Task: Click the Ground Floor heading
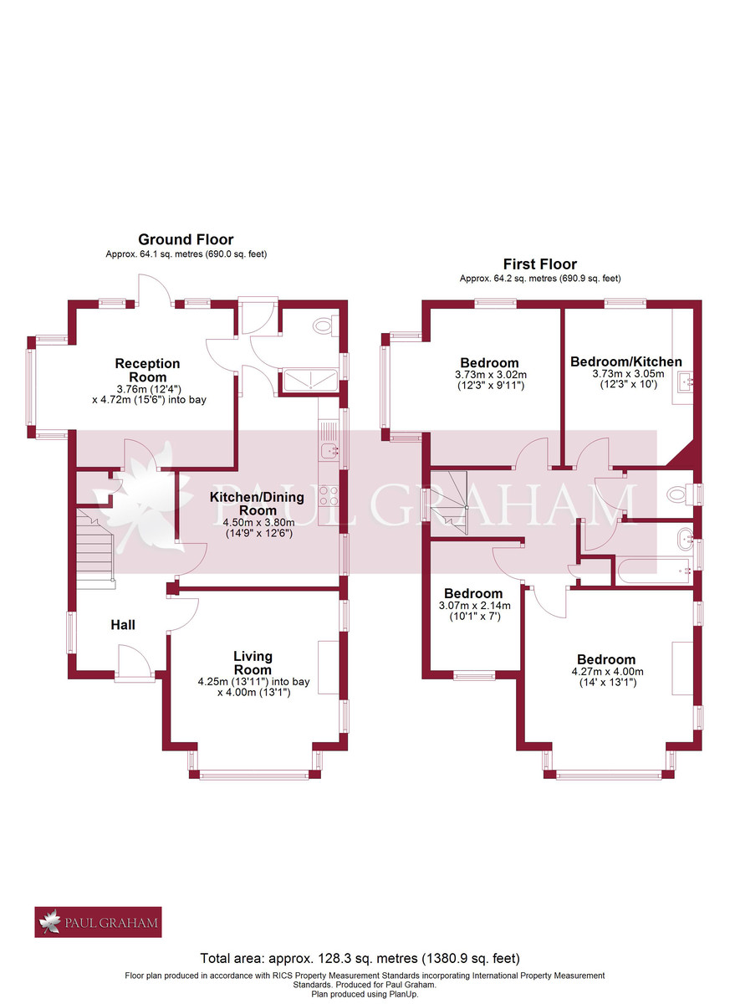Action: (x=186, y=240)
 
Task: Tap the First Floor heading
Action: (x=539, y=264)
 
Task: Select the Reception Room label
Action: (x=147, y=370)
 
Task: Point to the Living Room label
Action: (x=253, y=663)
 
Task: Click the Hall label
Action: (x=123, y=624)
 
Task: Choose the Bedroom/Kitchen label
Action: (x=626, y=361)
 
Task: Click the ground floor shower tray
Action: (x=311, y=382)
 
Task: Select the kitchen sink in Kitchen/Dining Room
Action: (x=329, y=453)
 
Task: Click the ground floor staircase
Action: (x=94, y=545)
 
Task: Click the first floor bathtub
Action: (x=656, y=571)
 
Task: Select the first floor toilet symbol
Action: (x=677, y=495)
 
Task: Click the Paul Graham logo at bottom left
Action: (x=98, y=922)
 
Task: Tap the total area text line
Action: (x=360, y=958)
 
